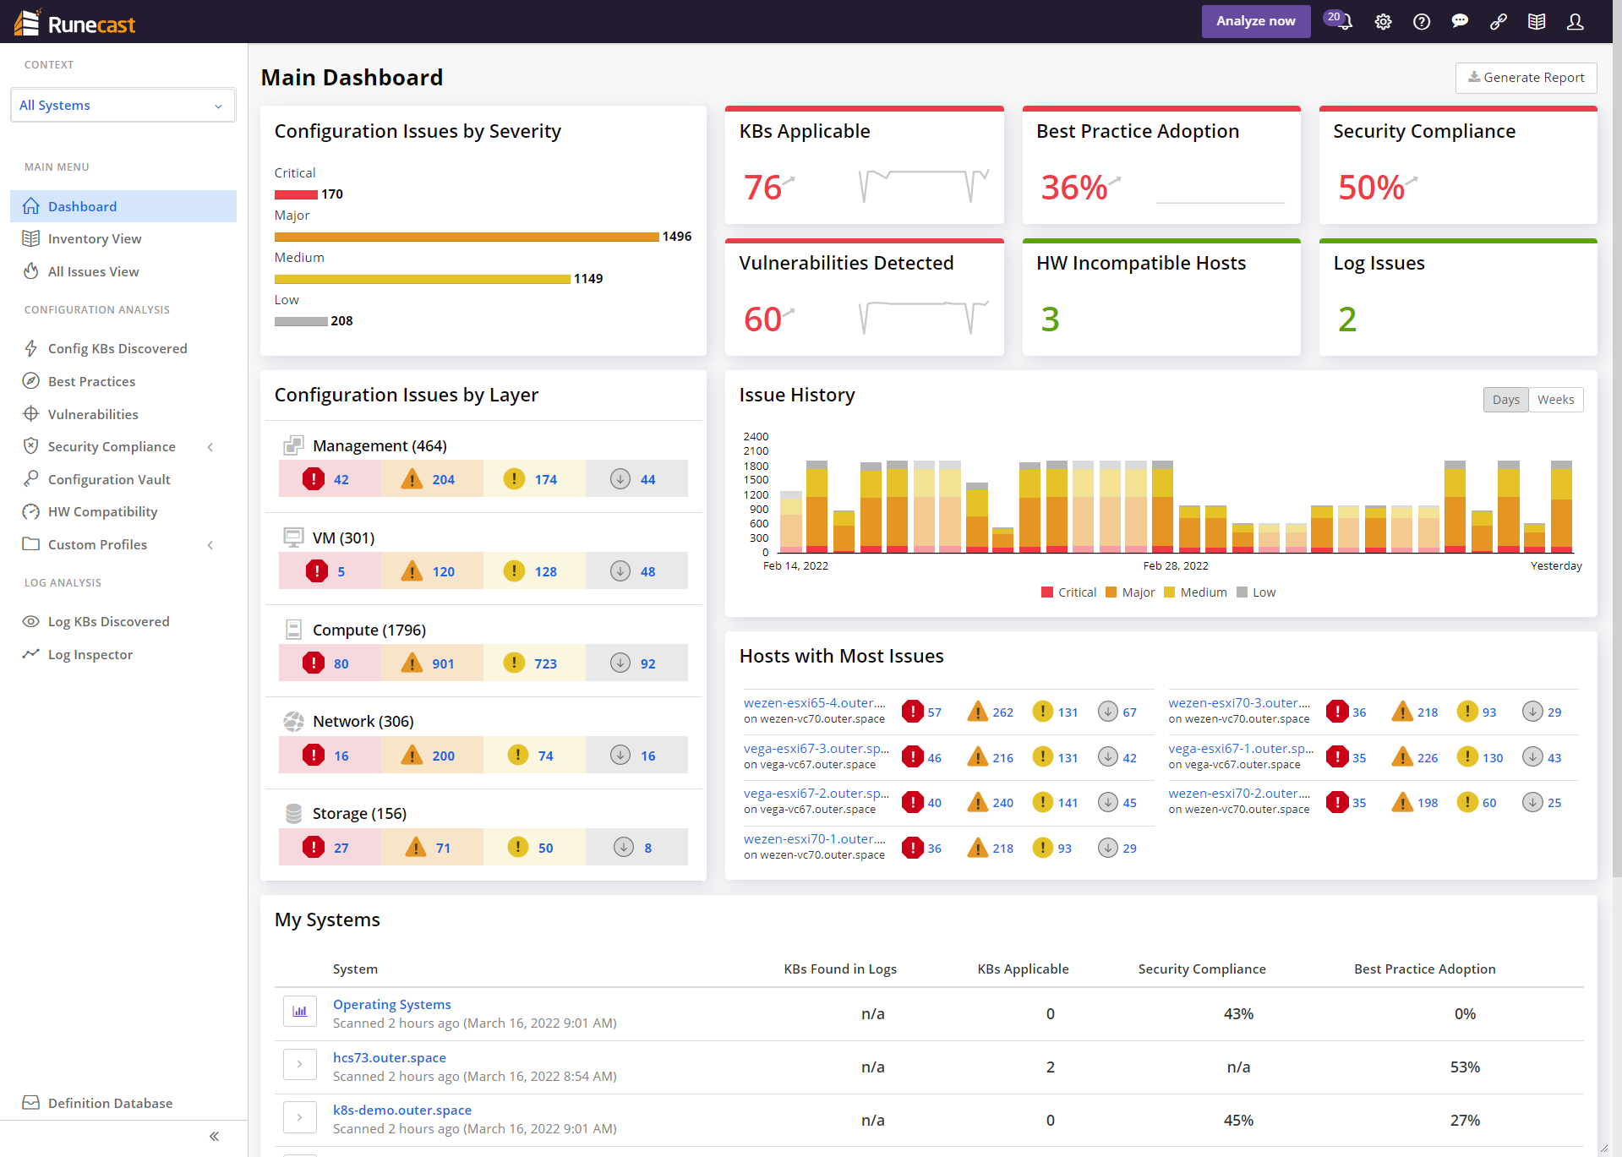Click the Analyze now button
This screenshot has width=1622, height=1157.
[x=1255, y=21]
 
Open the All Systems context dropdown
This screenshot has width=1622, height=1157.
[x=123, y=106]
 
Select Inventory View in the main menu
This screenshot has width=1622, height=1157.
[x=95, y=239]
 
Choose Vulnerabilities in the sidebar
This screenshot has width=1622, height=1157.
[x=93, y=414]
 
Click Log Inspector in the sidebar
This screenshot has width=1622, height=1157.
[x=90, y=655]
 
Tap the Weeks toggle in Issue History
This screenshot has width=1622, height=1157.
[x=1555, y=400]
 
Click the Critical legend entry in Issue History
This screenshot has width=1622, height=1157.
[x=1069, y=592]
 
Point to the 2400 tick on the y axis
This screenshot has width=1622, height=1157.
[x=756, y=437]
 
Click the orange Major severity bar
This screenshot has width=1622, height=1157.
[x=467, y=237]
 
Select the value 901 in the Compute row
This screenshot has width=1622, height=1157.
[x=443, y=664]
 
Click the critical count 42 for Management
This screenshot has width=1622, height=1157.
[x=341, y=480]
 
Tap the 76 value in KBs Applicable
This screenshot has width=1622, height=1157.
[x=762, y=188]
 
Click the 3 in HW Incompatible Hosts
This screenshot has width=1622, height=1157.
[x=1050, y=319]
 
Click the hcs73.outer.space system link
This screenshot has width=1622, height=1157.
[x=389, y=1058]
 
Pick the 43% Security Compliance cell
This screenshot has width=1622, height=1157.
[x=1238, y=1014]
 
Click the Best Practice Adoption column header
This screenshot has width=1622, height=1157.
[x=1424, y=969]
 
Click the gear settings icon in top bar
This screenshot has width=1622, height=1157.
[x=1383, y=22]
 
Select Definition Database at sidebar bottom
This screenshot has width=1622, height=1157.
[x=110, y=1104]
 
